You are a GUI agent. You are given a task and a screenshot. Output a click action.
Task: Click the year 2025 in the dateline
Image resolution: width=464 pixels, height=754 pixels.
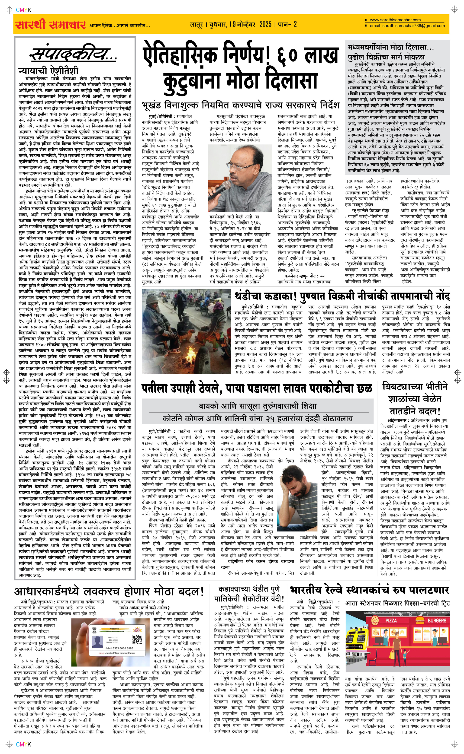click(x=265, y=24)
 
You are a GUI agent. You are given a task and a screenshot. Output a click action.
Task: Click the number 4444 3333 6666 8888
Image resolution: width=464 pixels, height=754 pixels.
click(x=119, y=648)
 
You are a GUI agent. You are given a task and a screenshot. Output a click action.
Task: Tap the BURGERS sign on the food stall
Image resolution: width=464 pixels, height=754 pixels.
click(x=437, y=620)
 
